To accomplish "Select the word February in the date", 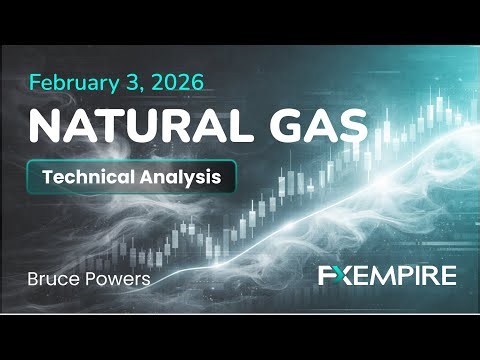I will (78, 82).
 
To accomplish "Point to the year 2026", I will (178, 81).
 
